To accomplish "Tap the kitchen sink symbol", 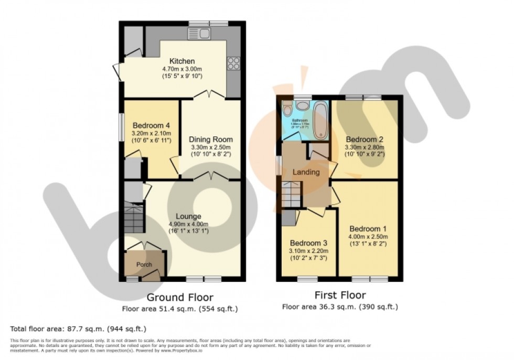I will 199,34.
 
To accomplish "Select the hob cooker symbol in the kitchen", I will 233,63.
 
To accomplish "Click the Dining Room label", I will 211,140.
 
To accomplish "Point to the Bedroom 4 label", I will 151,125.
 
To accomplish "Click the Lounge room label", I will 189,216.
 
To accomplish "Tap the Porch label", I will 144,264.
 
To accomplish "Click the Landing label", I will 306,172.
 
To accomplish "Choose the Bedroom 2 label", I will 364,140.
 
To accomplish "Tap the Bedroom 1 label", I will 368,229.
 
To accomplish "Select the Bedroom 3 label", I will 309,243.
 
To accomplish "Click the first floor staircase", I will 292,195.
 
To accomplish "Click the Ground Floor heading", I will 180,298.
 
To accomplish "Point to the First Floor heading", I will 339,295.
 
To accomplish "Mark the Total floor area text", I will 78,329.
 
